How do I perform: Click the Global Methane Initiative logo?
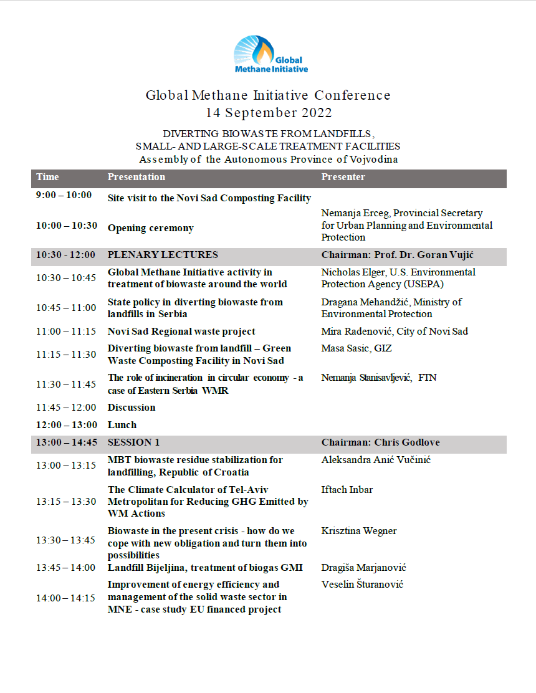[270, 55]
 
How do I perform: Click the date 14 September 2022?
[269, 113]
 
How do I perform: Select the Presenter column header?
[343, 177]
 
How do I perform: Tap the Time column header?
[47, 177]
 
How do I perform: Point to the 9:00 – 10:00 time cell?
[64, 195]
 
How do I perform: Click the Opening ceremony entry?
[150, 228]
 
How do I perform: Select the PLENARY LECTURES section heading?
[163, 254]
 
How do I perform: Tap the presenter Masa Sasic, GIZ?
[357, 348]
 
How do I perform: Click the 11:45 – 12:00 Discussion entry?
[132, 408]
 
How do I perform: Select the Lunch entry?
[122, 425]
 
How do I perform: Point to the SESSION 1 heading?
[133, 442]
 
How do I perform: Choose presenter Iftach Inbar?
[347, 490]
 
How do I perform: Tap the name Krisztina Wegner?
[359, 531]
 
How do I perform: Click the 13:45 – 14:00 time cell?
[65, 568]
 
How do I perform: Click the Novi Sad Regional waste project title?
[181, 332]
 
